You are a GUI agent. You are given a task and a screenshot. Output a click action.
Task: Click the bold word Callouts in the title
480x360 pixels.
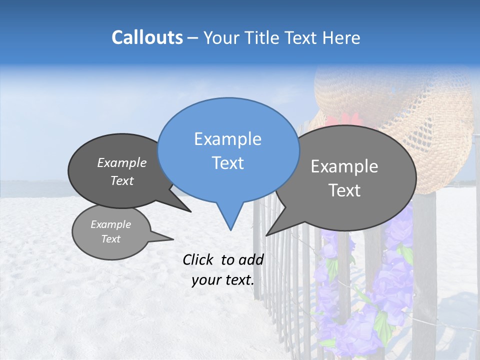(147, 37)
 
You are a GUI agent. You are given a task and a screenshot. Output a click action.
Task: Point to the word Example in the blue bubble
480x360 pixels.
(227, 139)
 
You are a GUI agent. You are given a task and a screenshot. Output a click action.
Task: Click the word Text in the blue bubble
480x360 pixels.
(227, 163)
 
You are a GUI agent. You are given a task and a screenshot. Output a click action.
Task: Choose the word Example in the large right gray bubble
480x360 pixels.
(344, 166)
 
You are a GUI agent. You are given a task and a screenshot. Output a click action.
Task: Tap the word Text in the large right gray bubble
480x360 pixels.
(344, 190)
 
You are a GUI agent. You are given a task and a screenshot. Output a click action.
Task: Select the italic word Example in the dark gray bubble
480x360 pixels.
(122, 163)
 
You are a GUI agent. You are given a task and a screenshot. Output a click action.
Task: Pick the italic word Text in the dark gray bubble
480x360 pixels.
(122, 180)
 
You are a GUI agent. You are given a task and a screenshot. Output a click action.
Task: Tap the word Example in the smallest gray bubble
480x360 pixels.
(110, 224)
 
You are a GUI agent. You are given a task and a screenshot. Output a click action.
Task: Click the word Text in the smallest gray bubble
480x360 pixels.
(110, 239)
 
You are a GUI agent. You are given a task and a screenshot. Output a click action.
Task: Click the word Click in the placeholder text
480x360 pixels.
(199, 259)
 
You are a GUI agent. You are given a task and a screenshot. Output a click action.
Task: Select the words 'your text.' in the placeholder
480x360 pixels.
(223, 280)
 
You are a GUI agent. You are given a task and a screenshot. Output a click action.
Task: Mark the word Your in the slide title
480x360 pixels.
(222, 38)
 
